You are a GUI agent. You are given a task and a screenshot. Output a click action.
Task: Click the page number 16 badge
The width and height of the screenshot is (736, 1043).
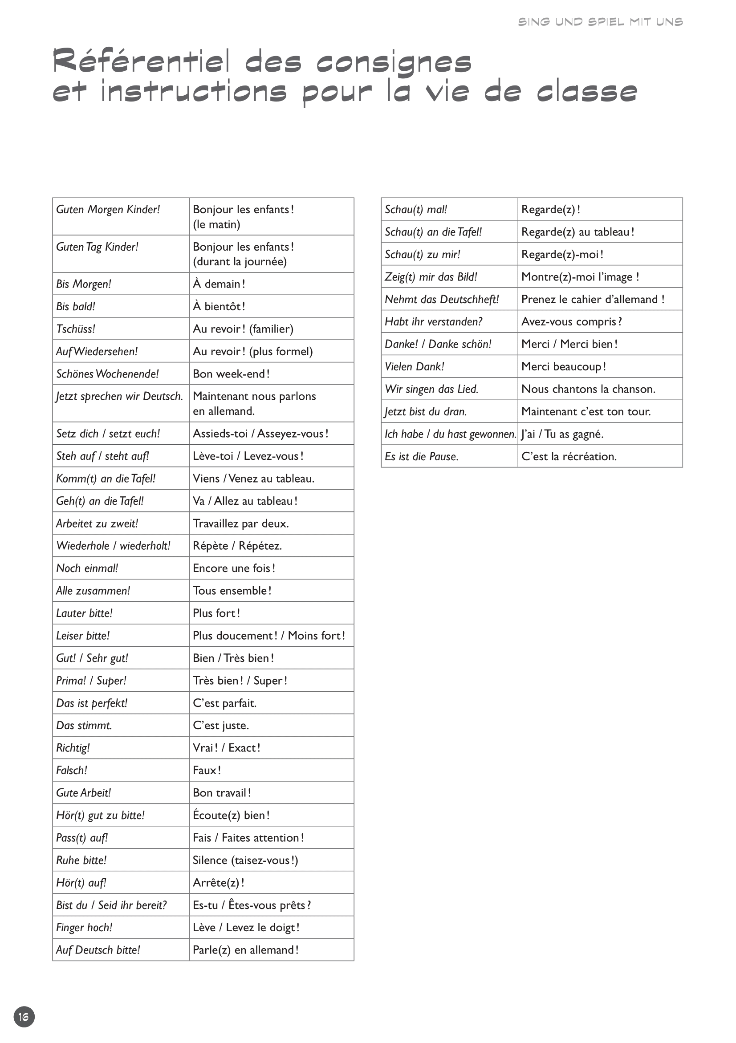tap(24, 1016)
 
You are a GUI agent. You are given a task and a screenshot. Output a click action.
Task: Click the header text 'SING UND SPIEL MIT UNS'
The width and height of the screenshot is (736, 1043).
tap(600, 22)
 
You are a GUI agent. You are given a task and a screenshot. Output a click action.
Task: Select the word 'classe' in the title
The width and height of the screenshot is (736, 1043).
tap(587, 91)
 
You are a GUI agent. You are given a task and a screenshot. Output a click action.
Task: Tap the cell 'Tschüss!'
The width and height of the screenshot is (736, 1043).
tap(76, 329)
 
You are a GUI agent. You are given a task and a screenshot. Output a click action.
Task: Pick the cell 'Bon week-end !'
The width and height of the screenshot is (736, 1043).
tap(231, 374)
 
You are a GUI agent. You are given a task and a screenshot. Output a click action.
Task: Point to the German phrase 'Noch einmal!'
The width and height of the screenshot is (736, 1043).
tap(87, 568)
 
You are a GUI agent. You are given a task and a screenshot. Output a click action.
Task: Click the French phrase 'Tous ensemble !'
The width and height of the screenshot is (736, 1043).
tap(232, 591)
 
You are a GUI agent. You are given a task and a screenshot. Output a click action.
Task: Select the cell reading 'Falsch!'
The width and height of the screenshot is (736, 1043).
tap(72, 770)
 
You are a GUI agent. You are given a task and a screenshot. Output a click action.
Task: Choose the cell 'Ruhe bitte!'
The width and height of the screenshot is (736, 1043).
tap(81, 860)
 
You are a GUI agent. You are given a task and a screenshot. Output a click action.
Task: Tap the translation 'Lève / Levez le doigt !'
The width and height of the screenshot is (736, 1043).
tap(246, 927)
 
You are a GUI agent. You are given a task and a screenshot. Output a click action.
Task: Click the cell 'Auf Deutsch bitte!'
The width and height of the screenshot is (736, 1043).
tap(98, 950)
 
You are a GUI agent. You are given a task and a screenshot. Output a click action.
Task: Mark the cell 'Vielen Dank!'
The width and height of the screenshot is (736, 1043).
tap(415, 367)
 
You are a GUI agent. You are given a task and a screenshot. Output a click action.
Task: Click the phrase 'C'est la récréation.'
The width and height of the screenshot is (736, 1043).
tap(569, 457)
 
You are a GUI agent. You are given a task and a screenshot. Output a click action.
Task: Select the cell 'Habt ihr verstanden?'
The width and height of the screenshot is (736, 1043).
tap(433, 321)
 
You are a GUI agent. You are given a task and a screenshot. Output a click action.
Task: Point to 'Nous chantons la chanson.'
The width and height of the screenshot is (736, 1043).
tap(588, 389)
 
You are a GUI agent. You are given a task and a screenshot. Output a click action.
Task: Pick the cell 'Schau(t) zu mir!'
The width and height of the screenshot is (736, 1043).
tap(423, 254)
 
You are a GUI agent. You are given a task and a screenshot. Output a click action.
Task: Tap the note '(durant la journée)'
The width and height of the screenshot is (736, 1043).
tap(240, 262)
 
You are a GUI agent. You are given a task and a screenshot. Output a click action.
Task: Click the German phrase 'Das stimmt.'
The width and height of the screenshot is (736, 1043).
tap(84, 726)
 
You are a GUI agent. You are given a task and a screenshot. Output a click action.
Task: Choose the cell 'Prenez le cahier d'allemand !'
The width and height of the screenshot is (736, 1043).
tap(593, 299)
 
